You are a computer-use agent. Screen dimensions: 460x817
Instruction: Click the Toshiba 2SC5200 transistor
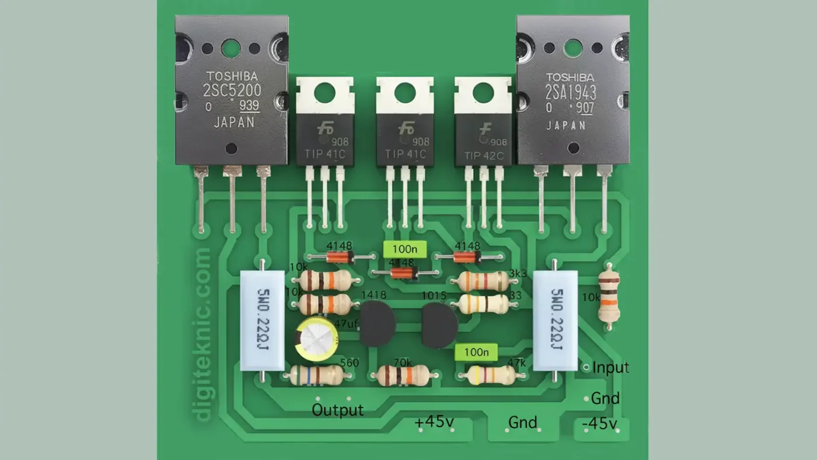click(x=231, y=90)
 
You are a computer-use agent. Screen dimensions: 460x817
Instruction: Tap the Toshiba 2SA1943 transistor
click(x=572, y=90)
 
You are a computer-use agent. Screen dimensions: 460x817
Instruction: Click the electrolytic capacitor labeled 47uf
click(x=317, y=339)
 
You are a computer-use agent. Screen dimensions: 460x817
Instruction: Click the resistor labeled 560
click(x=317, y=375)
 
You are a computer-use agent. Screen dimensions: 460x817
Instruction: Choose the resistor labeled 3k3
click(x=483, y=281)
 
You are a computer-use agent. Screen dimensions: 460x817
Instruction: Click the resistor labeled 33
click(x=483, y=304)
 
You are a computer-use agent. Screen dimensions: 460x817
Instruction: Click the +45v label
click(x=434, y=422)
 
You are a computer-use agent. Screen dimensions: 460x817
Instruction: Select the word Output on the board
click(x=337, y=410)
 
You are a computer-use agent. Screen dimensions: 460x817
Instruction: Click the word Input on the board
click(x=610, y=368)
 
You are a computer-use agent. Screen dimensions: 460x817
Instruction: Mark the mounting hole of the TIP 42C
click(x=483, y=93)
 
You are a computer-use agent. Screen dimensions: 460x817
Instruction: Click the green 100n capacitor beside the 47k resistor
click(x=476, y=352)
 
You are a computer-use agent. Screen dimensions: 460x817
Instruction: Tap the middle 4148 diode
click(x=403, y=273)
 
